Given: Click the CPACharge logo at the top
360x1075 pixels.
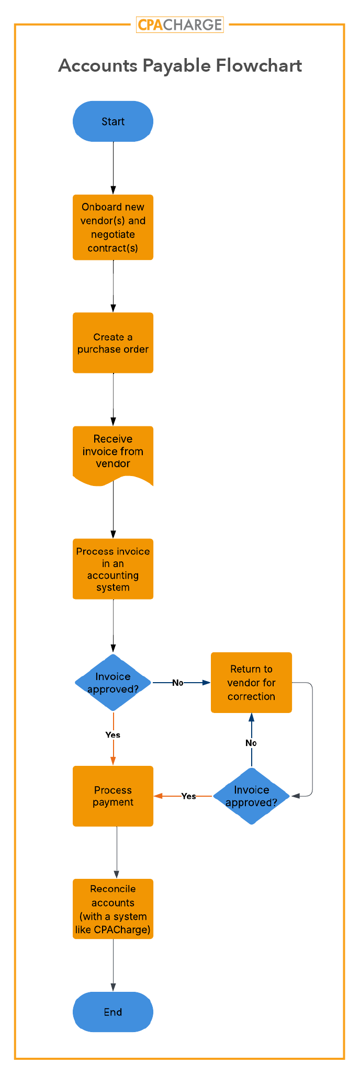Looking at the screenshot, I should click(179, 25).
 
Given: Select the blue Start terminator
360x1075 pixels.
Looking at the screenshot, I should click(113, 121).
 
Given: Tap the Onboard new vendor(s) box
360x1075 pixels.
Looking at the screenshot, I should click(113, 228).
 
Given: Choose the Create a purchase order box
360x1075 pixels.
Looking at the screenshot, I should click(113, 343).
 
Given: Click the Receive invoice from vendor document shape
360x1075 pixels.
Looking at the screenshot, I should click(113, 452).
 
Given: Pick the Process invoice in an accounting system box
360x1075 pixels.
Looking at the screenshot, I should click(113, 569).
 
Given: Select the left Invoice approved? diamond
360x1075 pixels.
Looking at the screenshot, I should click(113, 683).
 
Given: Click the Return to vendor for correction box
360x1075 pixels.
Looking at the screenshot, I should click(251, 683).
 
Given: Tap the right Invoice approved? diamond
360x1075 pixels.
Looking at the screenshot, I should click(252, 796).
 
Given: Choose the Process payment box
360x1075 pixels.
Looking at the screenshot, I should click(113, 796).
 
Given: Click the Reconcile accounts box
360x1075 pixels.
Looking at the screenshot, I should click(113, 909).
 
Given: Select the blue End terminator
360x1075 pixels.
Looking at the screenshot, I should click(113, 1012).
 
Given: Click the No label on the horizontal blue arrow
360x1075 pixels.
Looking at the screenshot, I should click(178, 683).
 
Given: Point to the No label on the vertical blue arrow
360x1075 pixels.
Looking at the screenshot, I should click(251, 743).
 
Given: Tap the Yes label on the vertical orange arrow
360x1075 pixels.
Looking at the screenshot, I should click(113, 735).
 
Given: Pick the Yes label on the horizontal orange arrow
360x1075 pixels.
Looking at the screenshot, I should click(188, 796).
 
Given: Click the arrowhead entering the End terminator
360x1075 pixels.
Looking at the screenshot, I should click(113, 987).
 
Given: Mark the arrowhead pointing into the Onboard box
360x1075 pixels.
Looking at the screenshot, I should click(113, 190).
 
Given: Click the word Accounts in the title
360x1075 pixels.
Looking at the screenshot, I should click(97, 66).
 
